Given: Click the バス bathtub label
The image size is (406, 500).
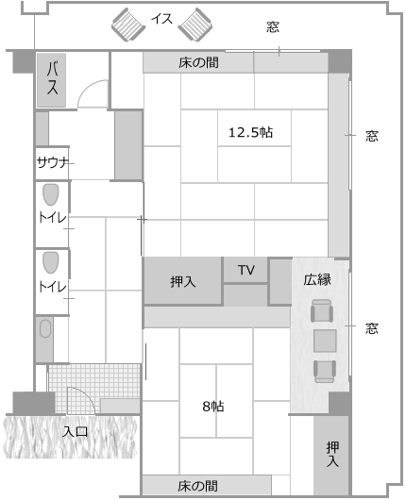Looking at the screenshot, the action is point(52,78).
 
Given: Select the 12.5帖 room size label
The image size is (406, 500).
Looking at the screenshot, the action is point(250,132).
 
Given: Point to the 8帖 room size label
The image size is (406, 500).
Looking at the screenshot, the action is point(213,407).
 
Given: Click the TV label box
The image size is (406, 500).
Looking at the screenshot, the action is point(246,270).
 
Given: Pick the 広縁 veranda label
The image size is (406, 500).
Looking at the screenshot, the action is point(317,279).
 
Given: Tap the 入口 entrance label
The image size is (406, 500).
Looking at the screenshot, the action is point(75,432).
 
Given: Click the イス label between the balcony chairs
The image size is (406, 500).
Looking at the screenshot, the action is point(162,19).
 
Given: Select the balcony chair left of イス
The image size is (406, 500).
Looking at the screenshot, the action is point(128,25).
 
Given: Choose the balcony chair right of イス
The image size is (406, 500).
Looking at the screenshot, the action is point(195,25).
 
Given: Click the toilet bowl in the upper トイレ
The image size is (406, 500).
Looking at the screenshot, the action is point(51,195).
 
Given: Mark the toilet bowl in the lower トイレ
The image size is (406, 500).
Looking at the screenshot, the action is point(51,263).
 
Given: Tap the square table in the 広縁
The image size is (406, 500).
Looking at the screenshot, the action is point(325,341).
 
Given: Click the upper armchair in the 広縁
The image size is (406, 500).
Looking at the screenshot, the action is point(322,310).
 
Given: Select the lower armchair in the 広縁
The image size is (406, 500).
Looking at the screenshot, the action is point(325,372).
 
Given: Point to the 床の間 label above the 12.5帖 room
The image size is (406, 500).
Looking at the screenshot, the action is point(198,62).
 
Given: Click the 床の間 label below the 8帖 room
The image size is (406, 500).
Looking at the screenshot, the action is point(198,486).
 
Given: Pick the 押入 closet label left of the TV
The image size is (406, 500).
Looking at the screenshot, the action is point(182,281).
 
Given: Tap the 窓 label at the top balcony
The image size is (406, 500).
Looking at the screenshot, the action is point(273,26).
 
